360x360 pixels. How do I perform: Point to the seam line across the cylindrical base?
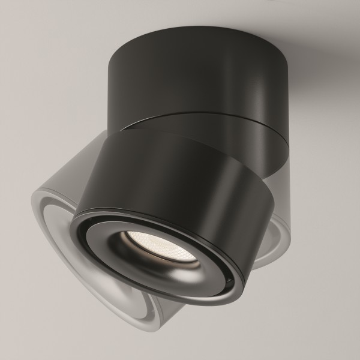pos(198,120)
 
